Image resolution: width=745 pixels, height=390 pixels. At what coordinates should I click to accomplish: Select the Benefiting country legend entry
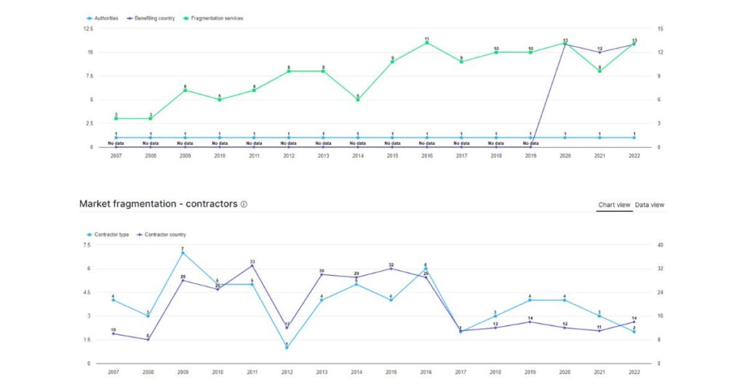154,18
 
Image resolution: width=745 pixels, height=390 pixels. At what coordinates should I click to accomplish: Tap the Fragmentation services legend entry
215,18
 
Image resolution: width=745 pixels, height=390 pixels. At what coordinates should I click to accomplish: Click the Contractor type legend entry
109,234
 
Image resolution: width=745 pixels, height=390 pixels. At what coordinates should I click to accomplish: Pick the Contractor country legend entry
164,234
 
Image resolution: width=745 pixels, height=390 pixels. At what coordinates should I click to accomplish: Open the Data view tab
649,205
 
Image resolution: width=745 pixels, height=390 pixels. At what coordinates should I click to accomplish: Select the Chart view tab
614,205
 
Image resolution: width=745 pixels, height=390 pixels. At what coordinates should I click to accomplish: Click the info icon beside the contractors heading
244,204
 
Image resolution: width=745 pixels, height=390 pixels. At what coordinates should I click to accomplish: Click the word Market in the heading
95,204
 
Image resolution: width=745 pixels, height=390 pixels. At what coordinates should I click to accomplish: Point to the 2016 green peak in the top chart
427,43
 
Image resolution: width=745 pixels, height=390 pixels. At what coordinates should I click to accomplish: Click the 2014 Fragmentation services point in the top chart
358,100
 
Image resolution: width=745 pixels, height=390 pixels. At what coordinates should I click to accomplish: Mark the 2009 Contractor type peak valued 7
183,253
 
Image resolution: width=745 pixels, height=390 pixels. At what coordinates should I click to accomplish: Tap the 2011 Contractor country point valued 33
252,266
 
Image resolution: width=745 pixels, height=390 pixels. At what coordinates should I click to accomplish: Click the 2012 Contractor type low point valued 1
287,347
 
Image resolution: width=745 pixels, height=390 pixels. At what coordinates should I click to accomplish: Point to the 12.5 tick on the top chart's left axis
88,28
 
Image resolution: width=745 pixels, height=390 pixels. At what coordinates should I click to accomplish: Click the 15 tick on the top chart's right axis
660,28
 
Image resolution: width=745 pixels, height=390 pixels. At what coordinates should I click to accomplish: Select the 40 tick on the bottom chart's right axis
660,245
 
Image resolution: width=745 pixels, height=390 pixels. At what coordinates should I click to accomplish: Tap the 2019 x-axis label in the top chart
530,156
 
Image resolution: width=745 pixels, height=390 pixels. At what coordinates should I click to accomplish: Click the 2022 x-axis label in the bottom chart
634,372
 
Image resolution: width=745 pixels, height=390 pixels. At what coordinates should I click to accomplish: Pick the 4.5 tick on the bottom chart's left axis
87,292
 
